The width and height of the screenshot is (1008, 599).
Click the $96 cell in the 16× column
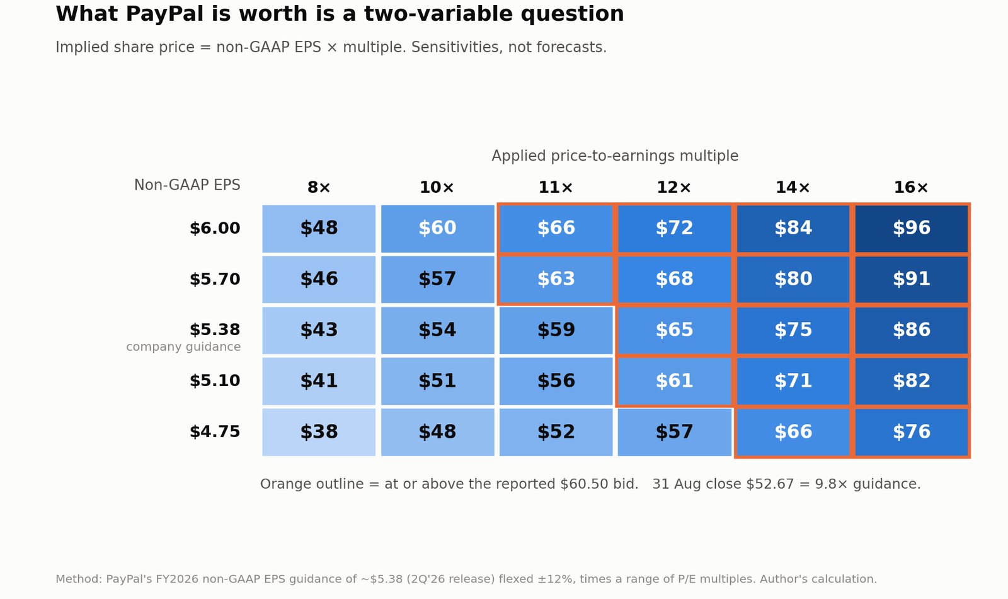click(911, 228)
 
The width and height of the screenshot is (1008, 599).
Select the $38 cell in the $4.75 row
click(319, 432)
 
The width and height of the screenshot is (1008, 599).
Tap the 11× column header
click(556, 187)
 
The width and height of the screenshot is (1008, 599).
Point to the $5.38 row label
click(215, 329)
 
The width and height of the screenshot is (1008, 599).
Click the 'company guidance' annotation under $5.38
click(183, 347)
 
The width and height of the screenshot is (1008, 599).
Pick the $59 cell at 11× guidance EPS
click(556, 330)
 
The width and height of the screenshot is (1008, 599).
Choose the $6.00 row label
click(215, 228)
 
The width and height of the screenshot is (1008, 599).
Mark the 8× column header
click(319, 187)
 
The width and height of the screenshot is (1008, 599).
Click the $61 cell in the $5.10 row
click(674, 381)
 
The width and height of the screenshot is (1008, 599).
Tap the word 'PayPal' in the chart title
click(164, 14)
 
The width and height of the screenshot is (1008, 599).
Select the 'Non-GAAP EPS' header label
click(187, 185)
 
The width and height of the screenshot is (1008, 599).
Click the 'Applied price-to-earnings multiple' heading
click(615, 156)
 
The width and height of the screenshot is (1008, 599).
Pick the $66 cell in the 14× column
click(793, 432)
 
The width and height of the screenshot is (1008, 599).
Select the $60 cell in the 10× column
click(437, 228)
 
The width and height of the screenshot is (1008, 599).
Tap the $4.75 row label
click(215, 431)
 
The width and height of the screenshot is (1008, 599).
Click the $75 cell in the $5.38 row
click(793, 330)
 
